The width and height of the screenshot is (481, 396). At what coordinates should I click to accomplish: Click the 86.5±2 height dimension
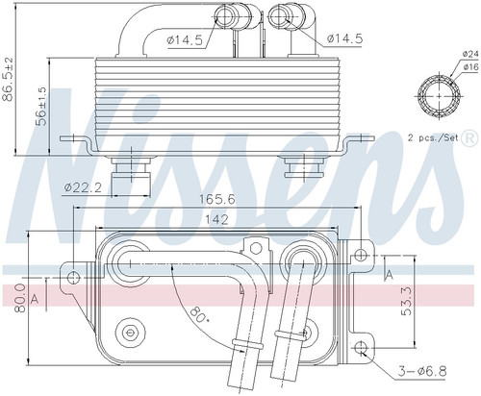8,79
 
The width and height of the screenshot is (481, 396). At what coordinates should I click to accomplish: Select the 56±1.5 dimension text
41,106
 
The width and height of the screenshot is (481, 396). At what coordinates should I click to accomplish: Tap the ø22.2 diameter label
83,187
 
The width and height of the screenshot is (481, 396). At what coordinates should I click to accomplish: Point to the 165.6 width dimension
217,200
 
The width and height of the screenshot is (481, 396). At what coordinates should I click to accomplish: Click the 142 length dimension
216,219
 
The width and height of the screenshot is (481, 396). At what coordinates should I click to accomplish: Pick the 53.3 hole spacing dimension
407,301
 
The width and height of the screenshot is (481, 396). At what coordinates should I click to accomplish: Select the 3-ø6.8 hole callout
422,372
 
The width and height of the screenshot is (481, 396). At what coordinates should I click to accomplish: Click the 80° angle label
197,314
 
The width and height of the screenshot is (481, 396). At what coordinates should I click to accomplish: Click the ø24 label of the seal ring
470,54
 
